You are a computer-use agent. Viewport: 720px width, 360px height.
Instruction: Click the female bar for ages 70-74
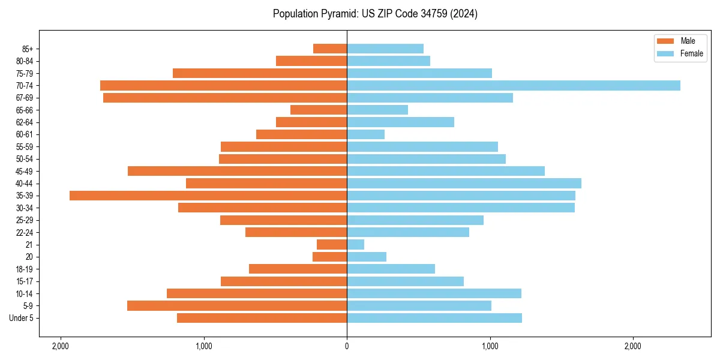pyautogui.click(x=513, y=86)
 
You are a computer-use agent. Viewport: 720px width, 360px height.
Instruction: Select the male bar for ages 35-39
pyautogui.click(x=208, y=196)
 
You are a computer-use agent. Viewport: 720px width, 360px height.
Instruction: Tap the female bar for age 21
pyautogui.click(x=355, y=245)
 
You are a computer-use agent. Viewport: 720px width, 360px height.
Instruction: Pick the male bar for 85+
pyautogui.click(x=330, y=49)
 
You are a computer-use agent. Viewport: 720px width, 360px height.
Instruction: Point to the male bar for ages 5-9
pyautogui.click(x=237, y=306)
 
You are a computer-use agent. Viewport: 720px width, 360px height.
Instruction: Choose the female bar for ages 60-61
pyautogui.click(x=365, y=134)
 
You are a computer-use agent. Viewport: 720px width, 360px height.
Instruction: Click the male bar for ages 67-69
pyautogui.click(x=225, y=98)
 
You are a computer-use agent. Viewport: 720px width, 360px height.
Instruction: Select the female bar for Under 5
pyautogui.click(x=434, y=318)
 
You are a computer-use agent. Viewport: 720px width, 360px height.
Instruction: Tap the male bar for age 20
pyautogui.click(x=329, y=257)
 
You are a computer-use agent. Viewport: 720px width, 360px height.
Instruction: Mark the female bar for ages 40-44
pyautogui.click(x=464, y=184)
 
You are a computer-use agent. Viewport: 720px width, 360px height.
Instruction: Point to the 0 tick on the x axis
pyautogui.click(x=347, y=346)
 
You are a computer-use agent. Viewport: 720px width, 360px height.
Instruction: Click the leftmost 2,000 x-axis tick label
pyautogui.click(x=60, y=346)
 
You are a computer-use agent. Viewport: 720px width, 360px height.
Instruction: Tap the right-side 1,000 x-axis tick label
pyautogui.click(x=490, y=346)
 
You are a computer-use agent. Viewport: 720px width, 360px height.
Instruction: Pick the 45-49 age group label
pyautogui.click(x=25, y=172)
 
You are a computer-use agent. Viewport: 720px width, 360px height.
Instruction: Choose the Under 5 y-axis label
pyautogui.click(x=22, y=318)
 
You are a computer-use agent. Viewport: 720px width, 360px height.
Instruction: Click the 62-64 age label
pyautogui.click(x=25, y=122)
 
